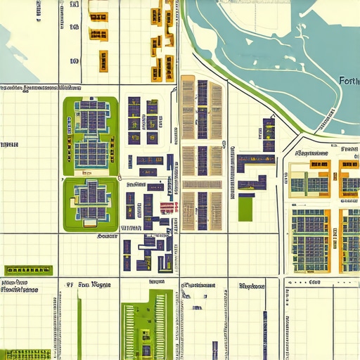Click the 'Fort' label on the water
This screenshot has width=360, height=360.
coord(348,80)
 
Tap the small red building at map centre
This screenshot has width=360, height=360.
coord(168,207)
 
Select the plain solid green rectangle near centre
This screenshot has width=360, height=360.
coord(245,207)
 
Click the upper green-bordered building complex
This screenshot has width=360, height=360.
coord(91,135)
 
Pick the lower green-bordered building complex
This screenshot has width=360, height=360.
coord(90,203)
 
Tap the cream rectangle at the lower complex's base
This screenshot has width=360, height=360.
coord(89,224)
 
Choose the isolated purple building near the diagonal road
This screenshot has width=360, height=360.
coord(268,134)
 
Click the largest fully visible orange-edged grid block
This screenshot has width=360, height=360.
coord(310,240)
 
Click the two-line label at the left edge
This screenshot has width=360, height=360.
coord(20,285)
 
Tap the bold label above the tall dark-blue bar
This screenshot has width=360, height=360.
coord(252,286)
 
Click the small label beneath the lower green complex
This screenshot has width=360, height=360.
coord(107,237)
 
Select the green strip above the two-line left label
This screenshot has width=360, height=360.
coord(28,270)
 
